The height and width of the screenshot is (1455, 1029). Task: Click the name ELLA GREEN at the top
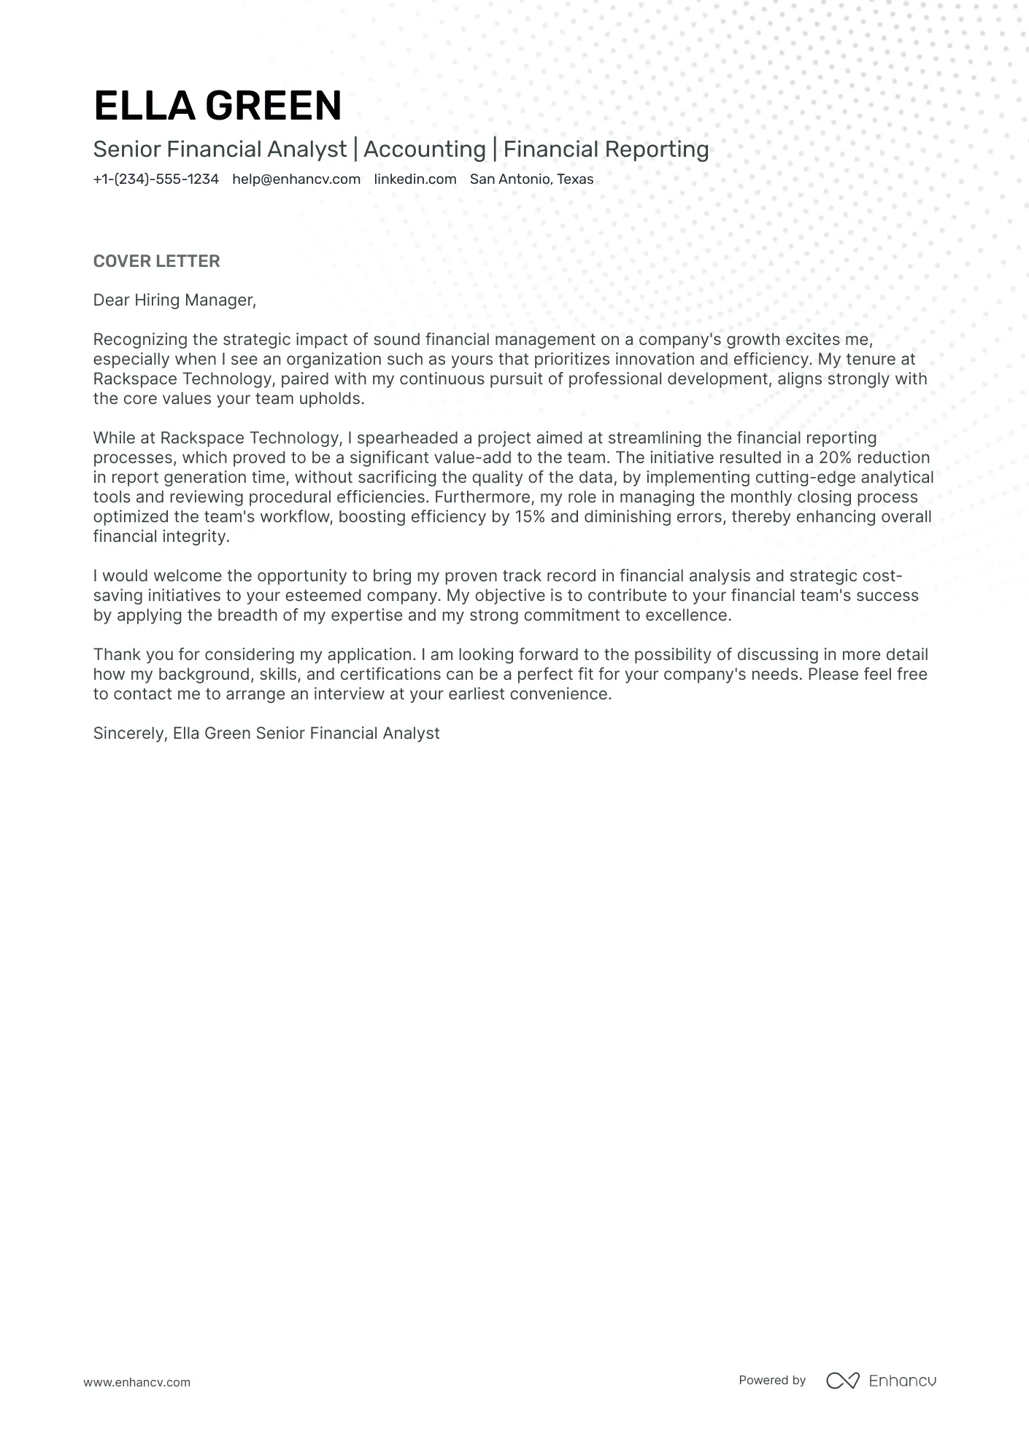coord(217,105)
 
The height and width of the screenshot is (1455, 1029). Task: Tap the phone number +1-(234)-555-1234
coord(155,179)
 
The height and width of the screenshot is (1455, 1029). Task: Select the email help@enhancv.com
coord(296,179)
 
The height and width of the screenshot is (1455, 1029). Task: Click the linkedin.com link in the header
coord(415,179)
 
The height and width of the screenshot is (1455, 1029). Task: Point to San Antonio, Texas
coord(531,179)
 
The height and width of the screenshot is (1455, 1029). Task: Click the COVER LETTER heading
coord(156,261)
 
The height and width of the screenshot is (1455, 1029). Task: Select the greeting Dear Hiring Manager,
coord(174,300)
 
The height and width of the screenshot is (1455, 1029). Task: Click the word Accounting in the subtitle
coord(424,150)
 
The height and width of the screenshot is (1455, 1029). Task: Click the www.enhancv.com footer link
coord(136,1382)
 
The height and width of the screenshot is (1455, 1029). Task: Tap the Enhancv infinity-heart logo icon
coord(842,1381)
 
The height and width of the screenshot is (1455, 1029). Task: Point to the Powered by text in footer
coord(771,1380)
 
